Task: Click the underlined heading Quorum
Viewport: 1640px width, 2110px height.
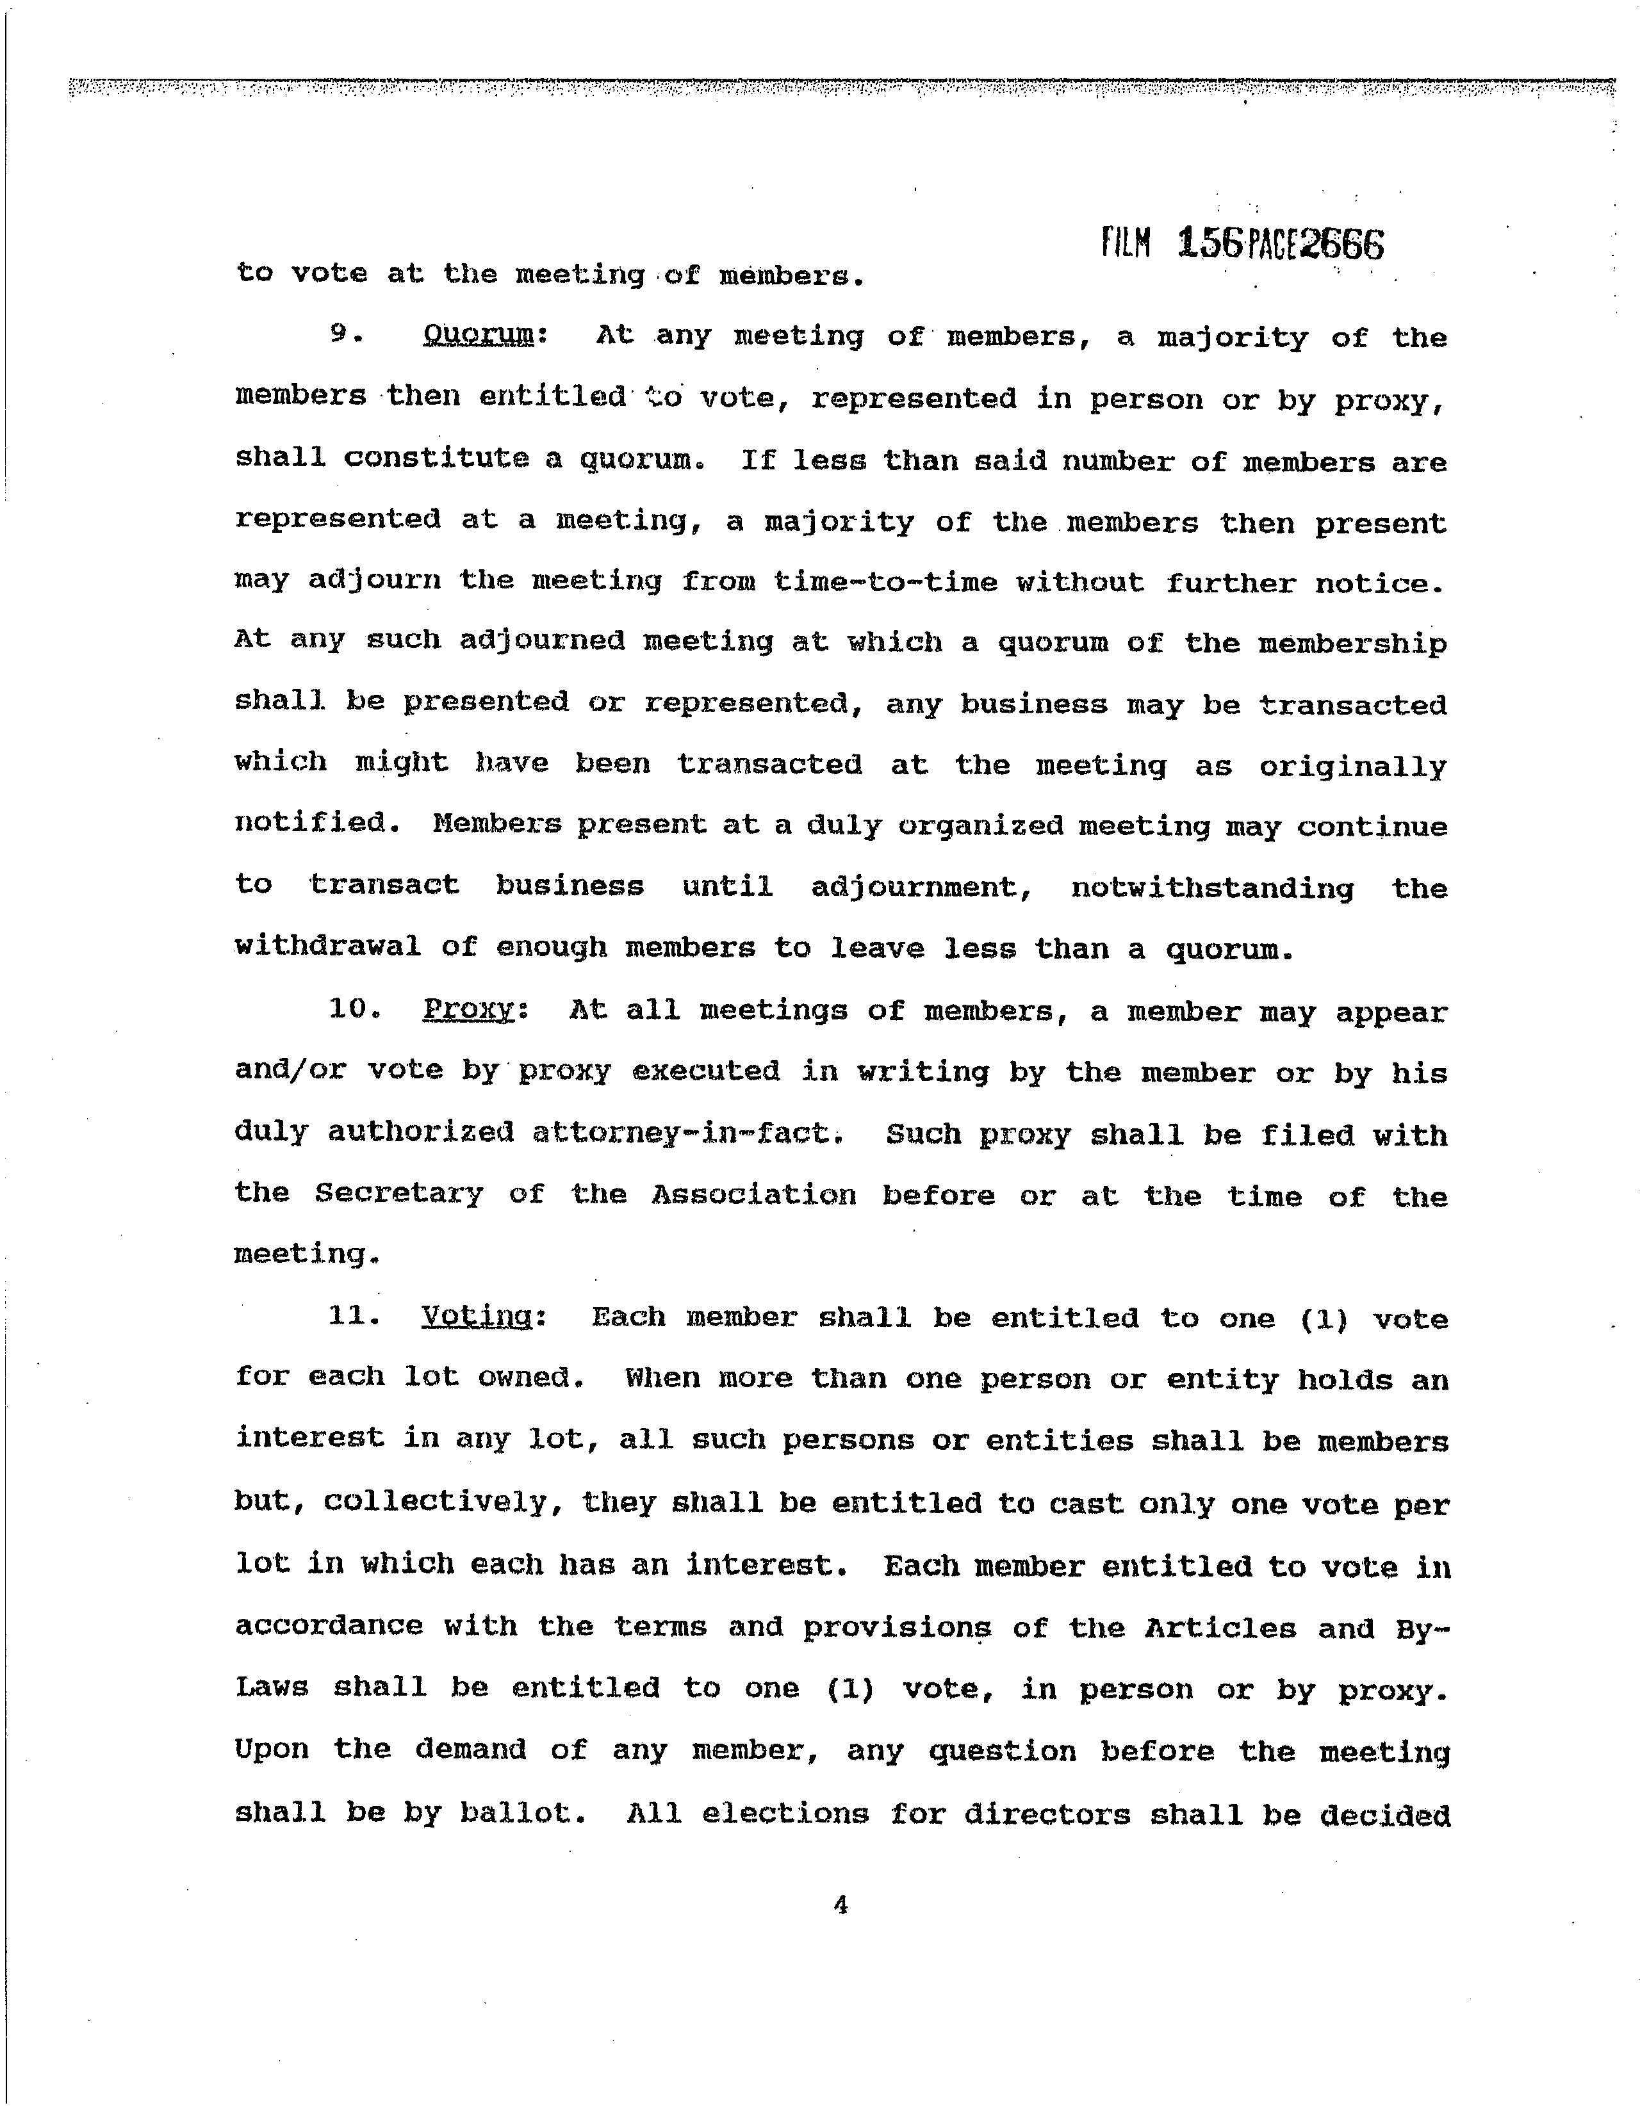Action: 479,336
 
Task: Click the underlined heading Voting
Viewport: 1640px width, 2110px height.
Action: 477,1317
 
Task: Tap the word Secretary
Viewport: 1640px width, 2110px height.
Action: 398,1194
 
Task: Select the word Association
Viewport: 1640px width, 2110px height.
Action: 753,1195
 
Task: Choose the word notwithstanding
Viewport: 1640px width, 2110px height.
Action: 1212,887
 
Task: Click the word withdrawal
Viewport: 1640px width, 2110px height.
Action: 327,947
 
